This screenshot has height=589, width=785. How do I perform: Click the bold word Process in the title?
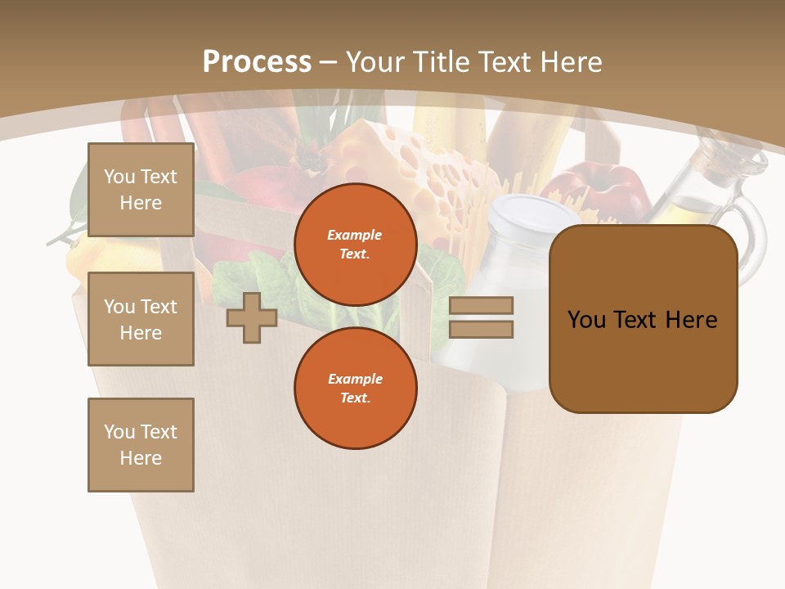(257, 62)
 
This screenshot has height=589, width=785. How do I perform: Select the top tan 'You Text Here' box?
(141, 190)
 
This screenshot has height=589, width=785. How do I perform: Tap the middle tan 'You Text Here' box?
(141, 319)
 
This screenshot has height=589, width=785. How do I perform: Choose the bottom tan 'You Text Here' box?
(141, 445)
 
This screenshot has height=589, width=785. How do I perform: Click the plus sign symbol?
(251, 317)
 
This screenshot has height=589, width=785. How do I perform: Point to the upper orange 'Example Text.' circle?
(355, 245)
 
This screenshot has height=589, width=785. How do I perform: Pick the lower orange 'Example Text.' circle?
(355, 388)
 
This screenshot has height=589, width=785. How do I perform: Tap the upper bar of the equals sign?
(481, 305)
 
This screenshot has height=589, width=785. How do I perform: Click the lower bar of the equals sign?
(481, 330)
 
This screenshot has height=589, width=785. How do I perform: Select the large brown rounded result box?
(643, 319)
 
